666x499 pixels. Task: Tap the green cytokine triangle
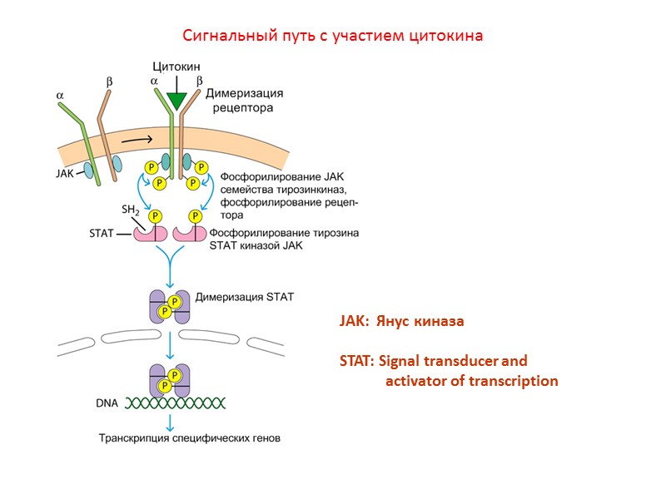(176, 101)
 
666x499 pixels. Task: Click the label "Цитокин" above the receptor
(176, 66)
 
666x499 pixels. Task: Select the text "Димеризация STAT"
(244, 296)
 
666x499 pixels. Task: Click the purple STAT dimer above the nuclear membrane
(170, 307)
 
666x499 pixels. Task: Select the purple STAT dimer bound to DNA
(170, 381)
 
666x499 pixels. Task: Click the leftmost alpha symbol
(61, 96)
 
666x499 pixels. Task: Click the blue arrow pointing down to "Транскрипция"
(170, 422)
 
